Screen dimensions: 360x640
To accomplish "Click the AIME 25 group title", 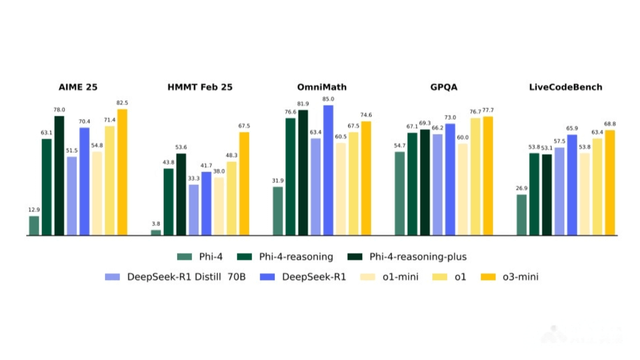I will click(x=77, y=87).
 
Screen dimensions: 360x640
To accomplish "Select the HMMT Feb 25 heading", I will click(x=199, y=87).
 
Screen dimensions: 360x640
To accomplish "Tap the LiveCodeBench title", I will click(x=566, y=87).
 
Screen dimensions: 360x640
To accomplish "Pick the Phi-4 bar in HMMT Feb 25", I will click(x=156, y=232).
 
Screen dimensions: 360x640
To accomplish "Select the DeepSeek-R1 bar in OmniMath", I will click(x=328, y=170).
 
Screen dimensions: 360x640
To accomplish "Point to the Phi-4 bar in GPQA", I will click(x=399, y=193).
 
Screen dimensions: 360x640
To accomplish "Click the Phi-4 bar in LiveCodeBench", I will click(x=521, y=214).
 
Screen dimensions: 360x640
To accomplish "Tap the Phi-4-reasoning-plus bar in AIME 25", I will click(x=59, y=175).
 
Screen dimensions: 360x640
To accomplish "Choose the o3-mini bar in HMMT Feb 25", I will click(x=244, y=183).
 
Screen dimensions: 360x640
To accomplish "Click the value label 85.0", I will click(x=328, y=99).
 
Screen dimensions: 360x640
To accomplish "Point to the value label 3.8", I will click(x=156, y=224).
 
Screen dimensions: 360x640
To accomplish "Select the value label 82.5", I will click(x=122, y=103).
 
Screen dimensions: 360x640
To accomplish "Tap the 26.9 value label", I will click(x=521, y=188).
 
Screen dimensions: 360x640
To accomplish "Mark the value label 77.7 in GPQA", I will click(x=487, y=110).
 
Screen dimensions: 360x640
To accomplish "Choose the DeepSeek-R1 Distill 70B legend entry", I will click(x=176, y=277).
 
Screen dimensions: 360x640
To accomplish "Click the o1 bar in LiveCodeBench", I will click(x=597, y=187).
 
